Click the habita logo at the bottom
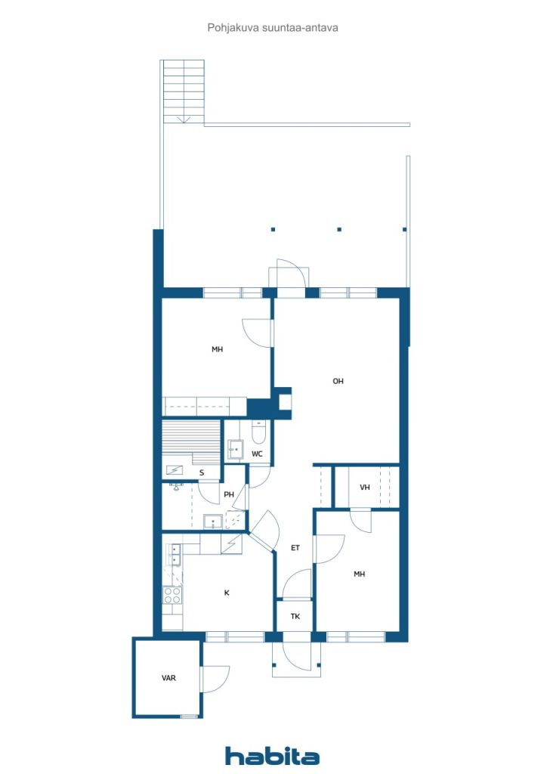click(x=272, y=756)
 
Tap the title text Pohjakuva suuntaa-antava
click(x=273, y=28)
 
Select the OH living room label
click(x=338, y=381)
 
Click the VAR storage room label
click(x=168, y=678)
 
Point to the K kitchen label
click(x=227, y=593)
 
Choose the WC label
click(x=257, y=454)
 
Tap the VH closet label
click(x=364, y=488)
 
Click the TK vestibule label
click(x=295, y=617)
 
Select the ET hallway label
click(x=295, y=548)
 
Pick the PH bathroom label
click(x=229, y=494)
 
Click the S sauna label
click(x=202, y=473)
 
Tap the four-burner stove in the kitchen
click(x=172, y=596)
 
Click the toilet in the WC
click(x=259, y=432)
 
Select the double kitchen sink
click(x=175, y=554)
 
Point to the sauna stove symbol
click(x=174, y=470)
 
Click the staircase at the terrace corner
click(x=183, y=91)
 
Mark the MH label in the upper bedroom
click(x=217, y=349)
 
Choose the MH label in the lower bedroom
click(x=359, y=574)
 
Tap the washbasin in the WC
click(x=235, y=449)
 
